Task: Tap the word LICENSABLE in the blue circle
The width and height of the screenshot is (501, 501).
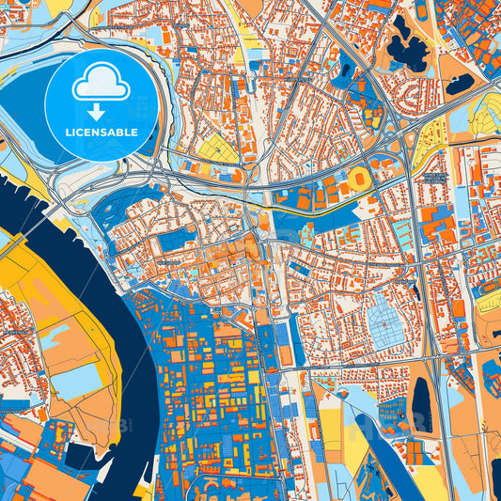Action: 102,133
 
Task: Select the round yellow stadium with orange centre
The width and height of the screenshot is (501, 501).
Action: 359,178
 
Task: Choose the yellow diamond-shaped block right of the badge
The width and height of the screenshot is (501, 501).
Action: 217,149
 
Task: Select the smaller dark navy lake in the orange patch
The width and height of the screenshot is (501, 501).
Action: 460,85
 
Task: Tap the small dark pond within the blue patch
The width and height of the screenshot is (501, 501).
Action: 345,70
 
